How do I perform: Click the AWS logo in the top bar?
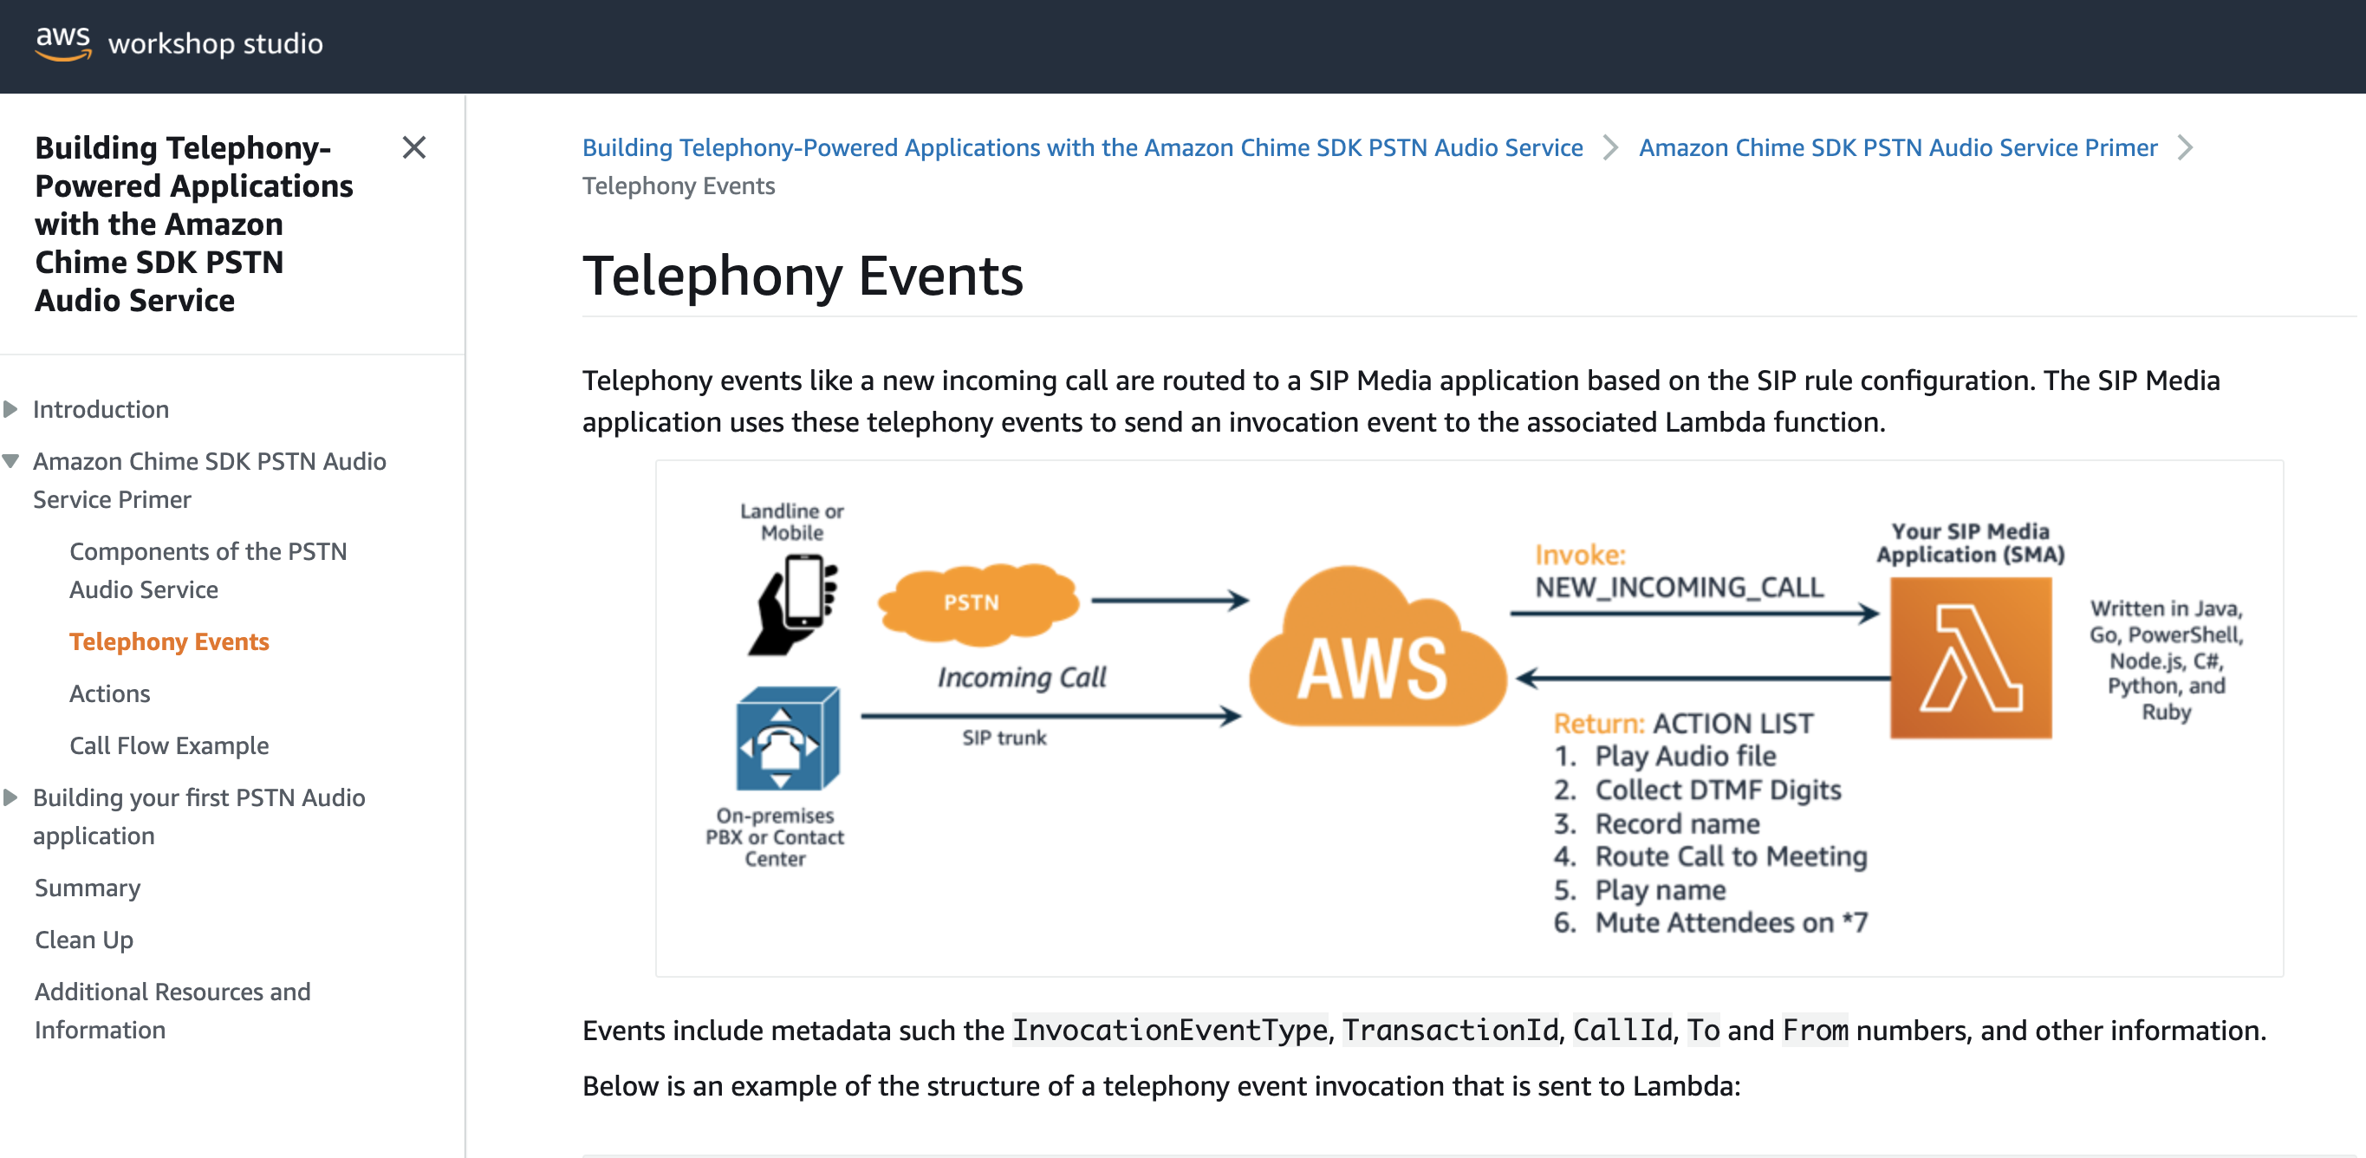62,43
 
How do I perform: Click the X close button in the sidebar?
413,147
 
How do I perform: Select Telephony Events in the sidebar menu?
169,641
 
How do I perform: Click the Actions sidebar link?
109,693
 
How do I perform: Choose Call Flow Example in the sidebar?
169,745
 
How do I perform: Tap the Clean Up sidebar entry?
83,940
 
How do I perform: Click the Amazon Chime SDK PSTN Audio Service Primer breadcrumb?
1898,147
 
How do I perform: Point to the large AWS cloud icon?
1375,652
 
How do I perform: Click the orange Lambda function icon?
1970,658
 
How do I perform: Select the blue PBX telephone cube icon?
787,739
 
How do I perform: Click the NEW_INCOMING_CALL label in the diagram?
1679,587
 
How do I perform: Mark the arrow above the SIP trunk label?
1050,715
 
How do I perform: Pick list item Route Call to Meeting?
1731,855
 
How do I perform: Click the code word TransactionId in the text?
1450,1031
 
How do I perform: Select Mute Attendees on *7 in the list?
1731,922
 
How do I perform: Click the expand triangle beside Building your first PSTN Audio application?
11,797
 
